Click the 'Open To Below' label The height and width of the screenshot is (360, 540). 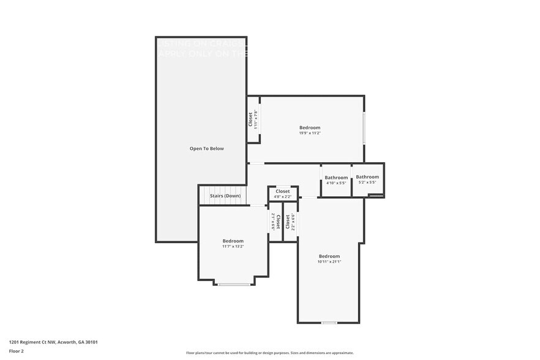(206, 149)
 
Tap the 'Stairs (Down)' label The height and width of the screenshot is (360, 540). (225, 196)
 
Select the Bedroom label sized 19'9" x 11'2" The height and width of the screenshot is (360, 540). (310, 127)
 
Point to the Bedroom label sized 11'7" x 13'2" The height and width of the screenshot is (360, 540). (233, 241)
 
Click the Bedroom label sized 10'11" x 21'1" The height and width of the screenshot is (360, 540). (329, 256)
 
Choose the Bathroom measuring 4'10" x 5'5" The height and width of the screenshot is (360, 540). (336, 178)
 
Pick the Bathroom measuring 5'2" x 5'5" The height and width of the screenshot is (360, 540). (367, 177)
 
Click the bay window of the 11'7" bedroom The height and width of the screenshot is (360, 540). (234, 284)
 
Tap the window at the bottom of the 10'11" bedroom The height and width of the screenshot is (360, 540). (329, 323)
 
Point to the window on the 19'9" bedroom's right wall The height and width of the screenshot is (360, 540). (364, 128)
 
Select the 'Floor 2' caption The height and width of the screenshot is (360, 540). (17, 351)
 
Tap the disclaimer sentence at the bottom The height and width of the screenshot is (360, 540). (269, 353)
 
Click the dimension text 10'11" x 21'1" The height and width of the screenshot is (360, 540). (329, 261)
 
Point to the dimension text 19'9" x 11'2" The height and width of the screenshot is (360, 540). (310, 133)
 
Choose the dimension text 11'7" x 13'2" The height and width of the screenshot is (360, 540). (233, 247)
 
